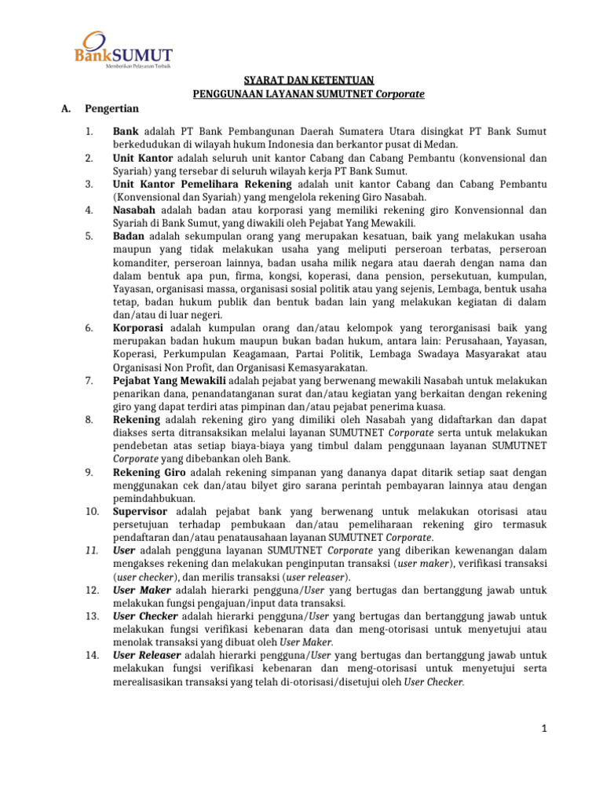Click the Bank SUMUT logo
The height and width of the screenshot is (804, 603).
pos(123,50)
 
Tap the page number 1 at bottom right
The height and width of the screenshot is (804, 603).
pos(543,729)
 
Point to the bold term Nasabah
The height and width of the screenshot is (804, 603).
pos(134,210)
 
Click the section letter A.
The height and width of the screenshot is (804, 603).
pos(65,108)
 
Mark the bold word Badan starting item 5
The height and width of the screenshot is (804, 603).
pos(129,236)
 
